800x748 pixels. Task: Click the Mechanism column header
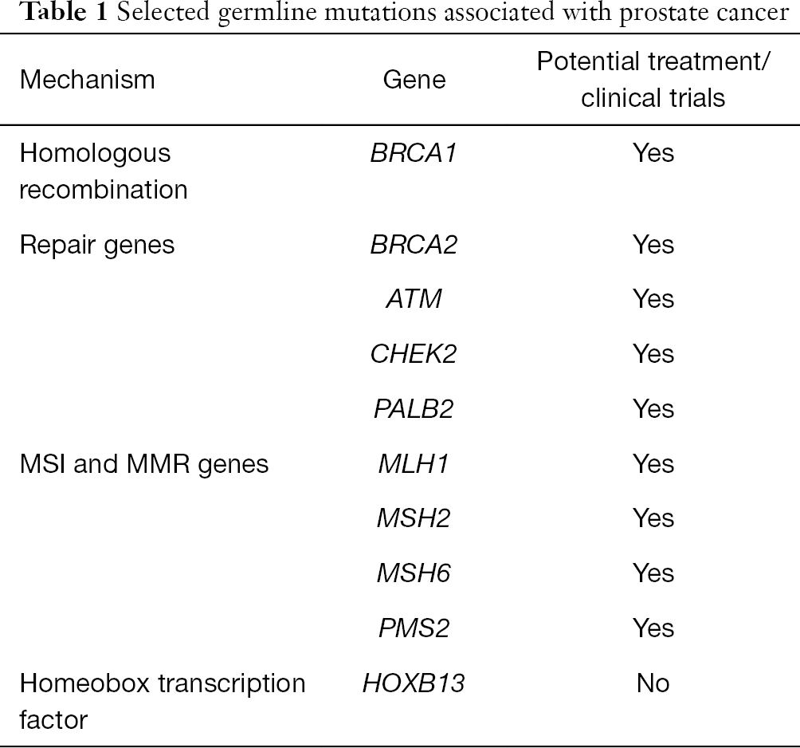(x=87, y=81)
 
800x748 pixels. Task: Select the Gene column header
(x=414, y=81)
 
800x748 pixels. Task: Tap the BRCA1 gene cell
(x=414, y=152)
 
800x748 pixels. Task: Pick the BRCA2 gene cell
(x=414, y=245)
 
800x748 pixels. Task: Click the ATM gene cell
(x=414, y=299)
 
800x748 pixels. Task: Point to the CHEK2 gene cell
(x=414, y=354)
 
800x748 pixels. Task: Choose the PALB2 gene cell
(x=414, y=409)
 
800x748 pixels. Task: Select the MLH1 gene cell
(x=414, y=464)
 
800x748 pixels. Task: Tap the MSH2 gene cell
(x=414, y=518)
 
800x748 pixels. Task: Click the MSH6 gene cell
(x=414, y=573)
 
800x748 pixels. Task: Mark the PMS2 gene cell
(x=414, y=628)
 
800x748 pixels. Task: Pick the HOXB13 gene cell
(x=414, y=683)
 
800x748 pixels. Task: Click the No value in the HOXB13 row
(x=653, y=683)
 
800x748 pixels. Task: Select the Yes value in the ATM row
(x=653, y=299)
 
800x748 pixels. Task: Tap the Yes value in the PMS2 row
(x=653, y=628)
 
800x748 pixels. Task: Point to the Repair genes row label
(x=97, y=245)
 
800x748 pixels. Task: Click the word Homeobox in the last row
(x=85, y=683)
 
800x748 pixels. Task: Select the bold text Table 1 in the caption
(x=65, y=13)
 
